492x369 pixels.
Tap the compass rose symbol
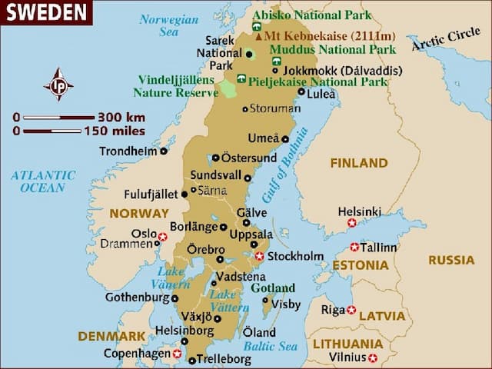[58, 85]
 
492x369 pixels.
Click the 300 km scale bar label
[121, 118]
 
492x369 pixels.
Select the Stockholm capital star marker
[260, 256]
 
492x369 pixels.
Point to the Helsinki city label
[359, 211]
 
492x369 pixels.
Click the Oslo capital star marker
[162, 237]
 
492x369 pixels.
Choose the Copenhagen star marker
[177, 354]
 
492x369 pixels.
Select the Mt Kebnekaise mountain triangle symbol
[258, 36]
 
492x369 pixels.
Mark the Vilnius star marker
[373, 357]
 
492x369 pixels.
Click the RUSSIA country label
[451, 261]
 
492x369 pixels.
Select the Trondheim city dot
[164, 151]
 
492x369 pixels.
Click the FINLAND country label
[358, 163]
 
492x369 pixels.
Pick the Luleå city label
[323, 95]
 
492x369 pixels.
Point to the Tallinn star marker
[354, 248]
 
